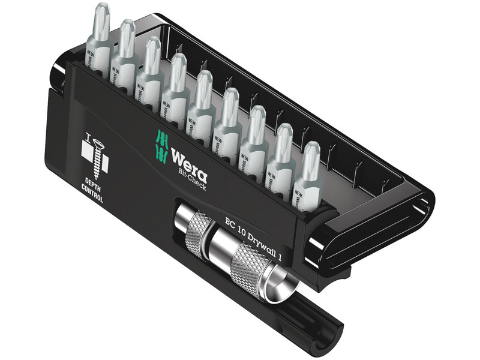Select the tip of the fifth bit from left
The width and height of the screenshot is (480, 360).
[x=204, y=79]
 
